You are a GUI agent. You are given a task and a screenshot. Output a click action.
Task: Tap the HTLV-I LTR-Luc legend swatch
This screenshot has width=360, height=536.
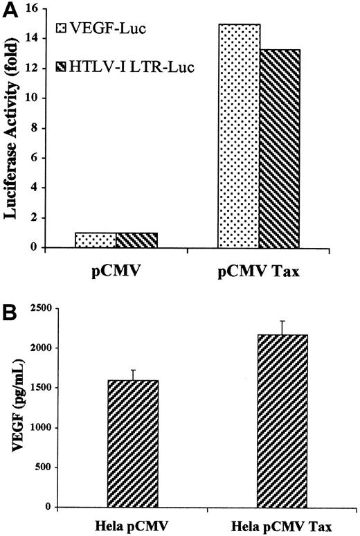[60, 68]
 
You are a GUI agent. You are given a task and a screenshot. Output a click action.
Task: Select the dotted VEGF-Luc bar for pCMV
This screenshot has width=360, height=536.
[96, 240]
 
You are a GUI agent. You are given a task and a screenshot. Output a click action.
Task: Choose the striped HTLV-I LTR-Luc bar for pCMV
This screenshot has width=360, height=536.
[136, 240]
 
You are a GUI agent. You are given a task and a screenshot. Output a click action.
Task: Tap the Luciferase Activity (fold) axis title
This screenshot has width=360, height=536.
[12, 128]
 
